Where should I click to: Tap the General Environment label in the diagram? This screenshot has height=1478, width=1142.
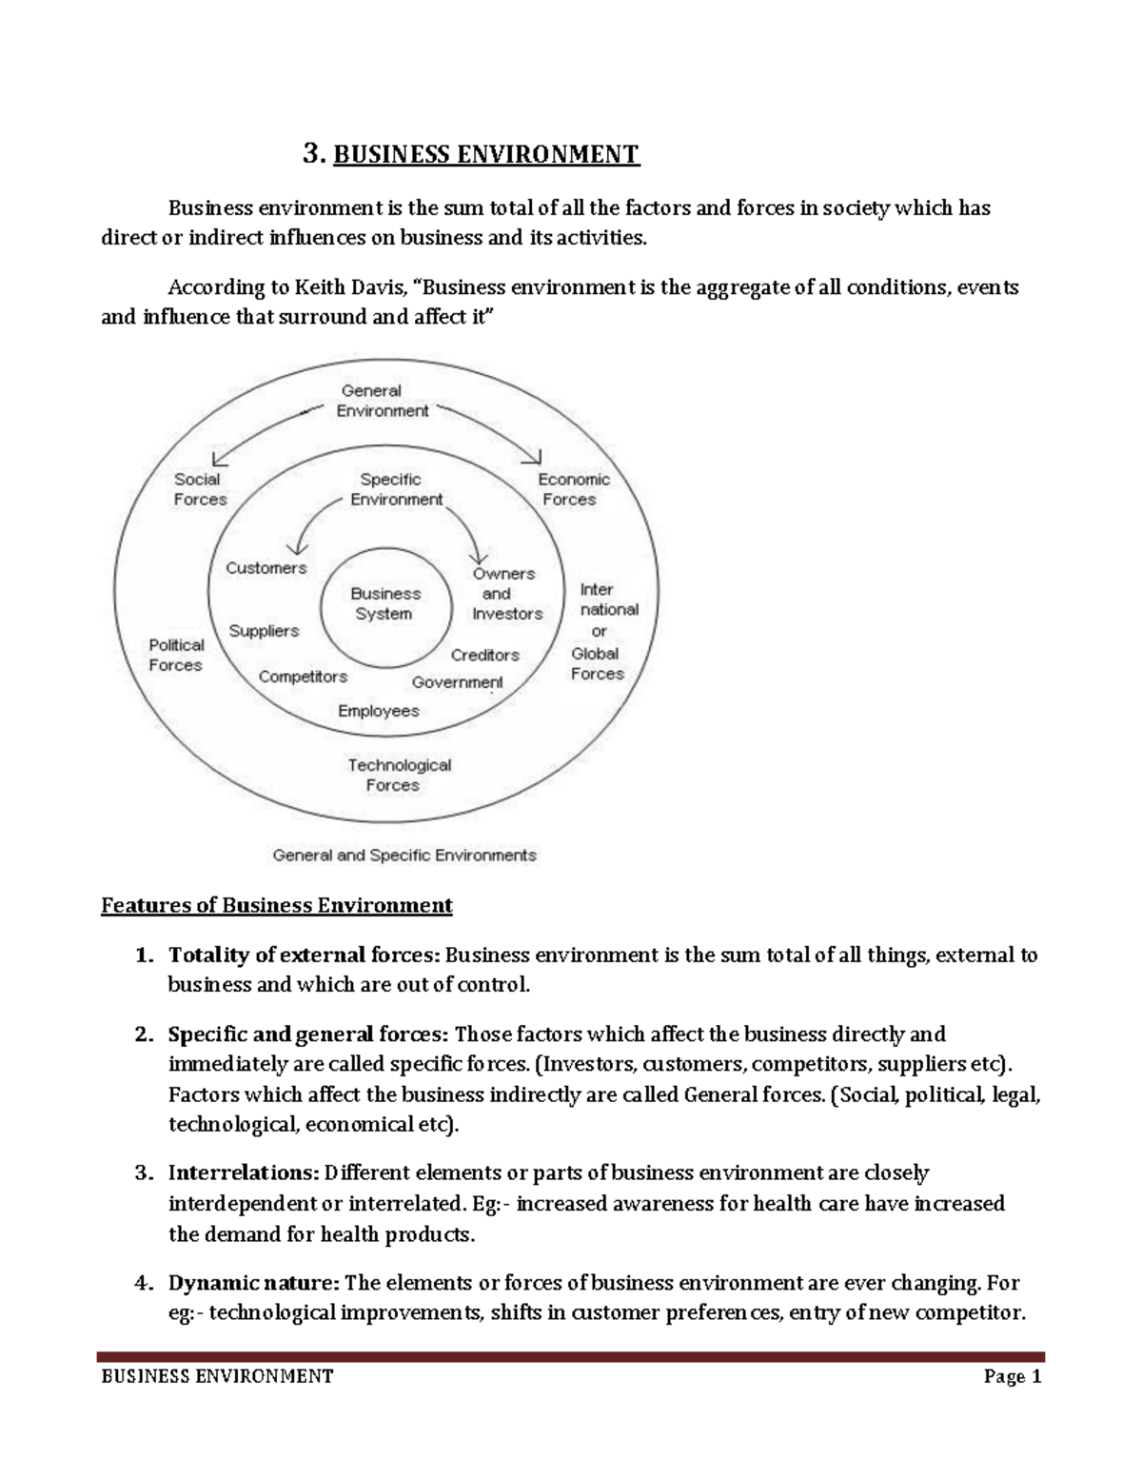383,401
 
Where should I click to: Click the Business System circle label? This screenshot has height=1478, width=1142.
384,603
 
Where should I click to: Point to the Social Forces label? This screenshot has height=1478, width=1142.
200,489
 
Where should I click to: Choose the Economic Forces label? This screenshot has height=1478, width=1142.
573,489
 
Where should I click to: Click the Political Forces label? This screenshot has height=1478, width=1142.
176,655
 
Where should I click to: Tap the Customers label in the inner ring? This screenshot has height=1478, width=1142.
266,568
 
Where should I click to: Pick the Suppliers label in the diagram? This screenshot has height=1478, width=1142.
264,631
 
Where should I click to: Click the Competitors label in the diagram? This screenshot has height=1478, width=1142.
303,677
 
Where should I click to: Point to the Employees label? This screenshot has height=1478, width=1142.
378,711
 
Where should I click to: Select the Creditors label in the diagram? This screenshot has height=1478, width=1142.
484,655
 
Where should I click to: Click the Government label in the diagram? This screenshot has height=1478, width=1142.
457,682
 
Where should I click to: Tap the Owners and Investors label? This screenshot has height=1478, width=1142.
505,594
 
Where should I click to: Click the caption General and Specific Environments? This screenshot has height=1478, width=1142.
404,855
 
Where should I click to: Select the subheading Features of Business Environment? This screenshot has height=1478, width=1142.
276,904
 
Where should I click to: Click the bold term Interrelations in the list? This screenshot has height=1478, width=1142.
243,1173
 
